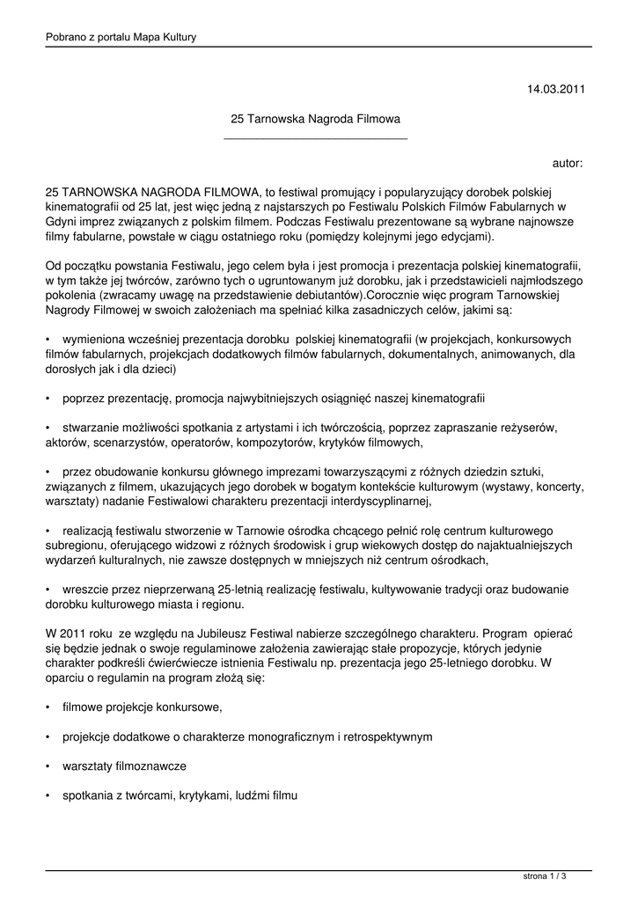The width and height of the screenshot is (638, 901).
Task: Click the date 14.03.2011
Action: pyautogui.click(x=554, y=89)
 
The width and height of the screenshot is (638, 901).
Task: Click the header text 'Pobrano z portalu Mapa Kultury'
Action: pyautogui.click(x=121, y=37)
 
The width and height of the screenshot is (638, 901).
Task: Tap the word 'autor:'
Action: pyautogui.click(x=567, y=163)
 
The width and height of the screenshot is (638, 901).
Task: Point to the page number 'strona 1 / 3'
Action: pyautogui.click(x=544, y=876)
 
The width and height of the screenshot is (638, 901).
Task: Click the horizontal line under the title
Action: pyautogui.click(x=315, y=138)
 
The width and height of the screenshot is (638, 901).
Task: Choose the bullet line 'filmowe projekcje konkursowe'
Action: pyautogui.click(x=141, y=707)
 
